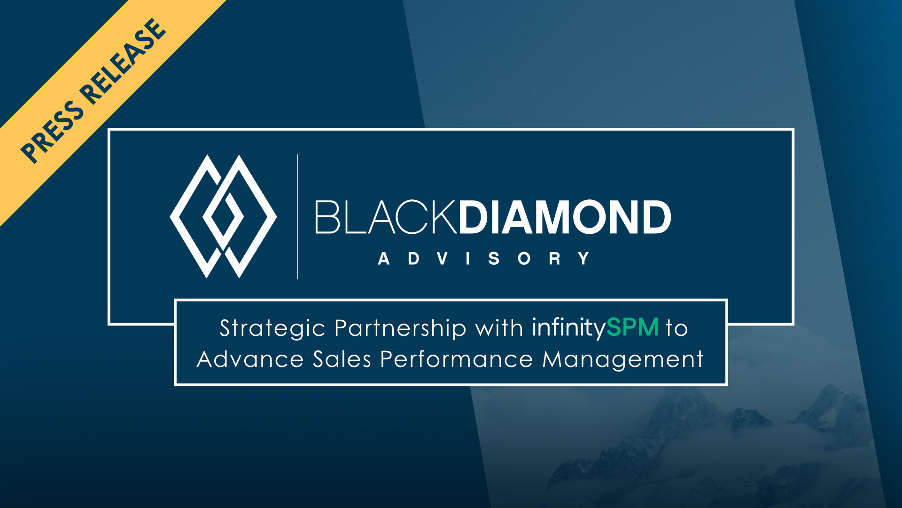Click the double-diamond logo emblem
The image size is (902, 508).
(x=223, y=216)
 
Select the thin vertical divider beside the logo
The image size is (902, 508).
(x=297, y=216)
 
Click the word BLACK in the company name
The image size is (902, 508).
(x=386, y=217)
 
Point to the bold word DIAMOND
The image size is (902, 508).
(x=565, y=217)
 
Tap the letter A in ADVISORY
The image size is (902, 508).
(x=384, y=259)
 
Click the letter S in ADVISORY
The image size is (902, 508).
(x=494, y=259)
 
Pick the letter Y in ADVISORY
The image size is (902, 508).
(x=584, y=259)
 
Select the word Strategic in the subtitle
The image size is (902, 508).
(x=272, y=328)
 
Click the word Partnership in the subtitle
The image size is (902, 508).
(x=400, y=328)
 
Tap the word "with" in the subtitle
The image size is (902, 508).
(x=499, y=328)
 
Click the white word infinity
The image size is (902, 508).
(x=569, y=328)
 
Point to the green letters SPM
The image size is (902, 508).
(x=633, y=327)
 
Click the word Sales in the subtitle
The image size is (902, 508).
(x=342, y=359)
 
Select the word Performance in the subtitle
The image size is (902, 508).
(x=457, y=359)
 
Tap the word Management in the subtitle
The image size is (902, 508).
(x=623, y=360)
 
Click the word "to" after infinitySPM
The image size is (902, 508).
(x=677, y=328)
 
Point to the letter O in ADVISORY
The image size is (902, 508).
(x=524, y=259)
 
